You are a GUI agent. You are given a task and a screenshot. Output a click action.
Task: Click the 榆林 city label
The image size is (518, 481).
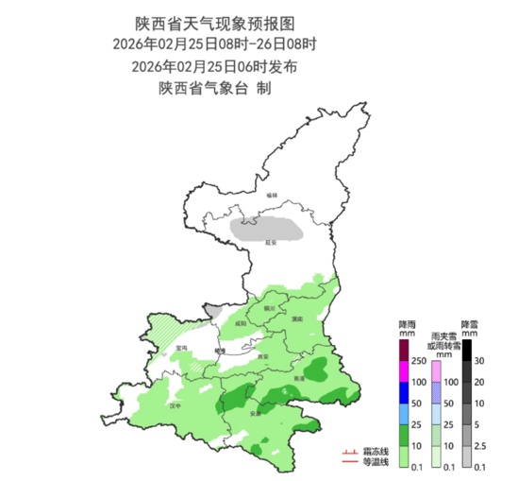[x=273, y=195]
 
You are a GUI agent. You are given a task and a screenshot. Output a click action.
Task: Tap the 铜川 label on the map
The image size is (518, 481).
[x=268, y=307]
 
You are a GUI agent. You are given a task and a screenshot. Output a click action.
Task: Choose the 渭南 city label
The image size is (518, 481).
[x=296, y=320]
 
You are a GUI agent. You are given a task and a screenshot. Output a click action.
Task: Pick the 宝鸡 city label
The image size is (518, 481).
[x=182, y=350]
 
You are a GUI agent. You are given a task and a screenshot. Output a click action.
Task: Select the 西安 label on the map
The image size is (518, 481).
[x=264, y=355]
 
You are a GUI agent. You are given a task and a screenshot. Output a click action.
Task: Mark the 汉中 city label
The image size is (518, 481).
[x=172, y=405]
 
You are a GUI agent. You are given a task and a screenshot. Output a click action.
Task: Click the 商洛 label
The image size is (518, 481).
[x=299, y=377]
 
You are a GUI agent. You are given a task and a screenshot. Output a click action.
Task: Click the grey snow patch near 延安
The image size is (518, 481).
[x=269, y=228]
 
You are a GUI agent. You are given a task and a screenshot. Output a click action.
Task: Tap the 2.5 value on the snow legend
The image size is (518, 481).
[x=479, y=446]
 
